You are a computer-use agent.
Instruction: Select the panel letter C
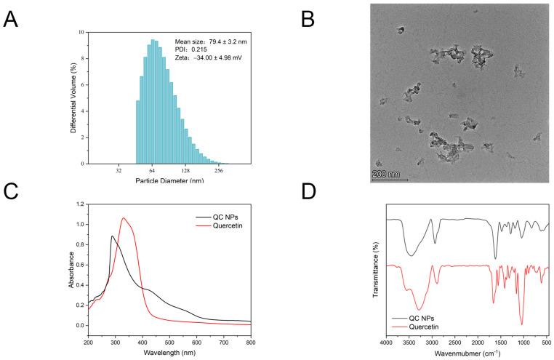pyautogui.click(x=12, y=192)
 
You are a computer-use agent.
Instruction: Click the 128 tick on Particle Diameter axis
pyautogui.click(x=185, y=171)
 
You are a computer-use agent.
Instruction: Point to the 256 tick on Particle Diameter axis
pyautogui.click(x=219, y=171)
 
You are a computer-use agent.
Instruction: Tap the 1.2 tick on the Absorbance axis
pyautogui.click(x=80, y=204)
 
